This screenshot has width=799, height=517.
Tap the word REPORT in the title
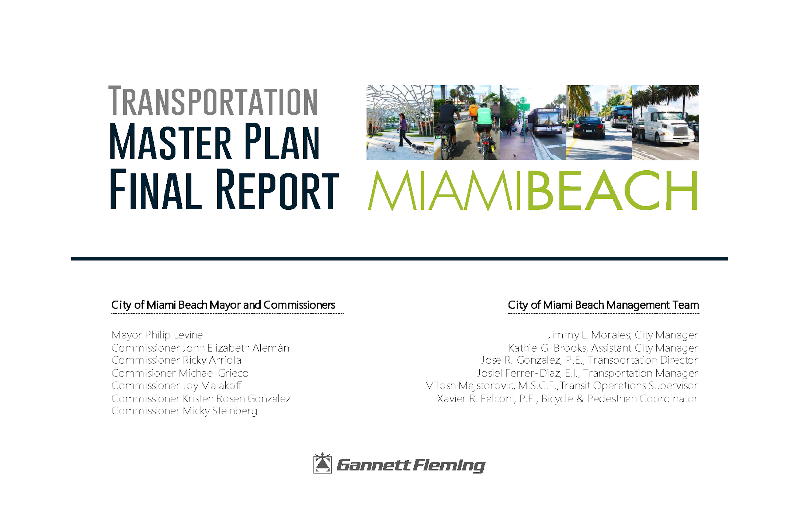pyautogui.click(x=277, y=189)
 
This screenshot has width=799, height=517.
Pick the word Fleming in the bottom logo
pyautogui.click(x=449, y=466)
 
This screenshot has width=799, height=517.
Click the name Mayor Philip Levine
pyautogui.click(x=157, y=335)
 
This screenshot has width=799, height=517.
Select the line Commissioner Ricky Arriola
pyautogui.click(x=176, y=360)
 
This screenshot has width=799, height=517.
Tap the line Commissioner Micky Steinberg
pyautogui.click(x=184, y=411)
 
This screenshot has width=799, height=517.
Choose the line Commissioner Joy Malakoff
pyautogui.click(x=176, y=386)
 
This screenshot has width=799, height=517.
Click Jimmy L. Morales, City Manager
pyautogui.click(x=623, y=335)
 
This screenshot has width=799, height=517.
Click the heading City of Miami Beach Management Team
pyautogui.click(x=603, y=305)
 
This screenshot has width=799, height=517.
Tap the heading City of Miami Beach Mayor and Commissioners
pyautogui.click(x=223, y=305)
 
